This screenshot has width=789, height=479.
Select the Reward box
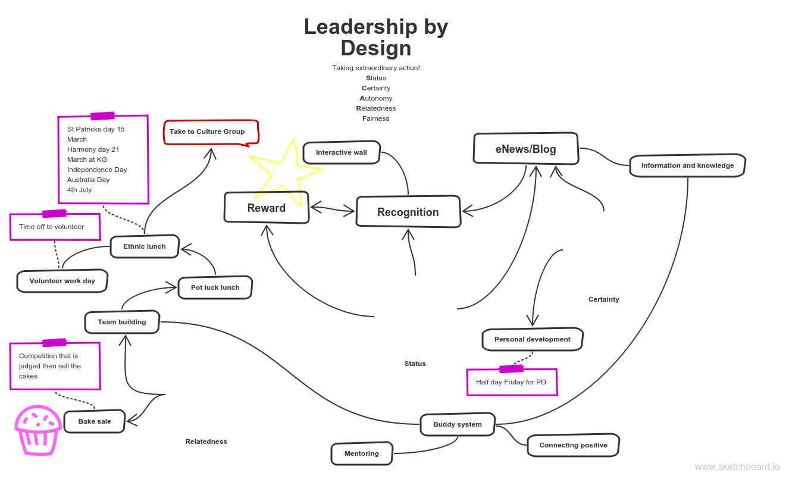tap(267, 208)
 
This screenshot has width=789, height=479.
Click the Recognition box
tap(408, 212)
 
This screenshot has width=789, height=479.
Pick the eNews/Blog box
tap(525, 149)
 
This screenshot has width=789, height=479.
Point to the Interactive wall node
tap(342, 152)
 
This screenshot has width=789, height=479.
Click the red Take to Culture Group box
tap(212, 132)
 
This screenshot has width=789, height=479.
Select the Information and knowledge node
tap(687, 165)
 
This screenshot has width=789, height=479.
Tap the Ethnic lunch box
tap(145, 246)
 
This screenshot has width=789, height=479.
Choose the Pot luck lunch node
tap(215, 287)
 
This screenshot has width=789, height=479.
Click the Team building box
tap(122, 322)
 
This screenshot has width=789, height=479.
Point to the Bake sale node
tap(94, 421)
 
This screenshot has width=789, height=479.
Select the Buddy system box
tap(457, 424)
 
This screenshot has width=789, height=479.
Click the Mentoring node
tap(362, 453)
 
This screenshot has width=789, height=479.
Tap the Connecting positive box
tap(573, 445)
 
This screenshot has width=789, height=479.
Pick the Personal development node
tap(532, 339)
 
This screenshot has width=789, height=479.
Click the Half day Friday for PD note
tap(512, 382)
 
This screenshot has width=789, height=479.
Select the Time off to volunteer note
tap(55, 227)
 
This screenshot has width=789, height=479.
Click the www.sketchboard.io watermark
tap(737, 467)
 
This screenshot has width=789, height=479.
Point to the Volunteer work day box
tap(62, 281)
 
